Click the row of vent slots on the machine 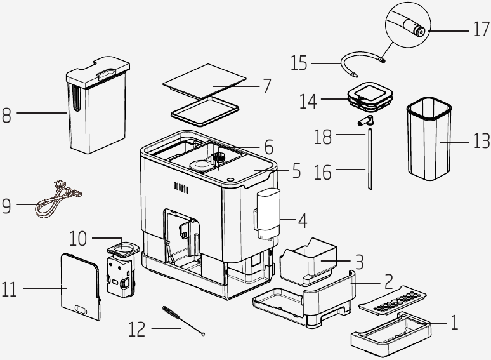coord(181,188)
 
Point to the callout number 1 coord(455,323)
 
